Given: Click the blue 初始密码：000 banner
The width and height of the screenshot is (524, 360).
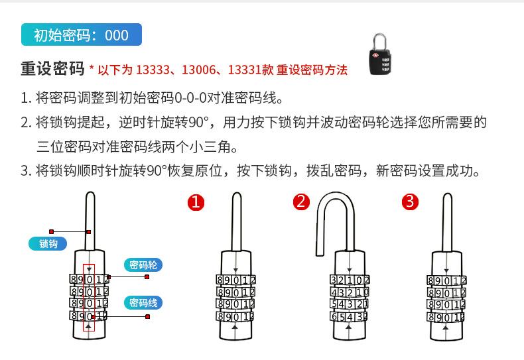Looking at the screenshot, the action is tap(81, 35).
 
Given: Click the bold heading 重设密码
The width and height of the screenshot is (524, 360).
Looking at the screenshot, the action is tap(52, 69).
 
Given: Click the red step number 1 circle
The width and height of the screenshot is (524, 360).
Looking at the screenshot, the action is tap(195, 202).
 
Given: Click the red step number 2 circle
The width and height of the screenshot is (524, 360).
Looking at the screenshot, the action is tap(301, 202).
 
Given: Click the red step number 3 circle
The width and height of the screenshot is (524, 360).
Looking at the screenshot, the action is tap(411, 202).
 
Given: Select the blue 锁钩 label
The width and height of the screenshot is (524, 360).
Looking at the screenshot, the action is tap(48, 243).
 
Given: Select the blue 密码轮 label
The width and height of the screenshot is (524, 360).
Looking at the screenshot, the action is tap(143, 265).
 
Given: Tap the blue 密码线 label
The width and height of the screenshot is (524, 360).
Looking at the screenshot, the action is tap(143, 303).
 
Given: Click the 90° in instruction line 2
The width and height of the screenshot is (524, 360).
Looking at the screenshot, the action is tap(198, 122).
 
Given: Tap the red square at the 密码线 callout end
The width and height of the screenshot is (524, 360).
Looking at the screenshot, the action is tap(147, 316).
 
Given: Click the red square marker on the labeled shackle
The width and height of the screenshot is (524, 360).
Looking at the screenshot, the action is tap(88, 232).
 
